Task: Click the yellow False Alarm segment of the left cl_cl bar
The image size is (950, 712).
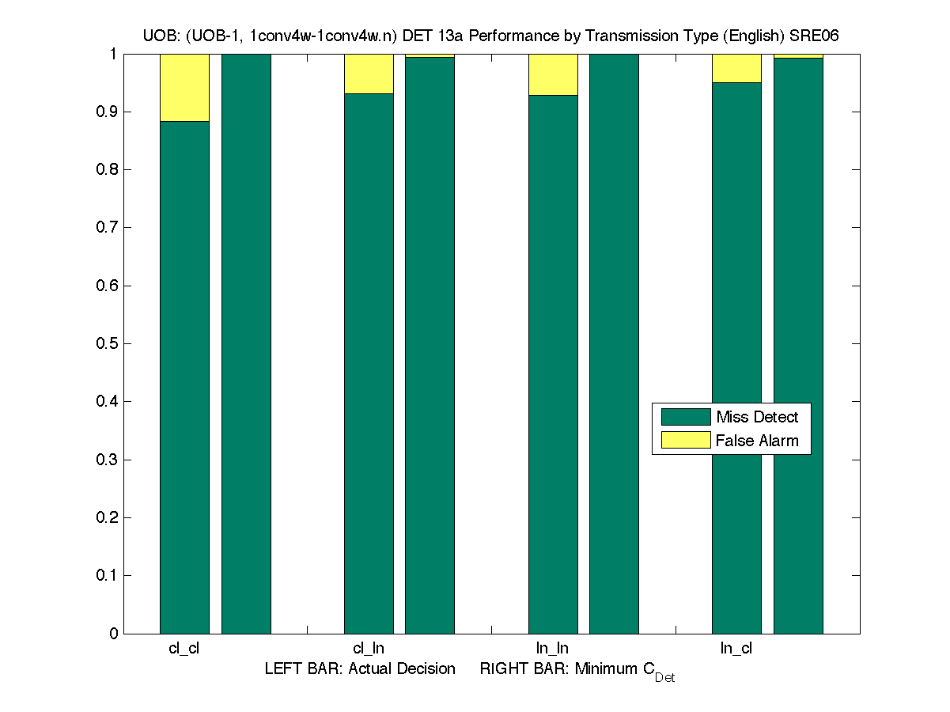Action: pyautogui.click(x=184, y=87)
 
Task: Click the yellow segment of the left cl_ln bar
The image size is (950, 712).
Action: pyautogui.click(x=369, y=74)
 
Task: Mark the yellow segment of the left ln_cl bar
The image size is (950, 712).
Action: pyautogui.click(x=736, y=68)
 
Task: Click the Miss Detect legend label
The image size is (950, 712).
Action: pyautogui.click(x=757, y=417)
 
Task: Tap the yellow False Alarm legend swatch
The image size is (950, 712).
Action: pyautogui.click(x=685, y=441)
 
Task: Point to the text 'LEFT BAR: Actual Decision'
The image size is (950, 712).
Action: pyautogui.click(x=360, y=669)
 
